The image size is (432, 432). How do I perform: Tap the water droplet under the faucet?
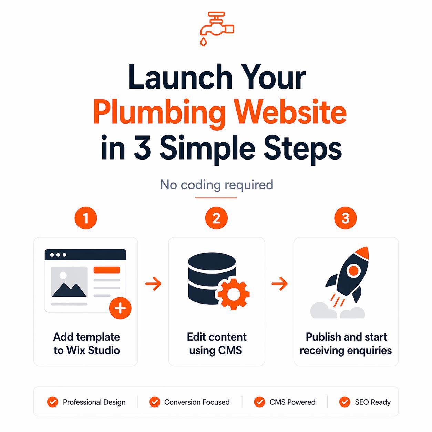(203, 42)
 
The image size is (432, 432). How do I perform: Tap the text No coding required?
(217, 185)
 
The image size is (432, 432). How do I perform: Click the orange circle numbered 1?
(86, 218)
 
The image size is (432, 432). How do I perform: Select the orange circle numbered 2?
(216, 218)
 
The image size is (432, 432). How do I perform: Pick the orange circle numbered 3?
(345, 218)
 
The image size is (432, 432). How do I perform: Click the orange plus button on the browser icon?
(120, 308)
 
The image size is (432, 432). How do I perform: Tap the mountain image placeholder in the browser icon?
(69, 282)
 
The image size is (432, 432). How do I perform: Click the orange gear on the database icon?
(234, 294)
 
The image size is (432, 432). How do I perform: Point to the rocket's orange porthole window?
(354, 270)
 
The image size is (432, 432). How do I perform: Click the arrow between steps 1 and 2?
(153, 284)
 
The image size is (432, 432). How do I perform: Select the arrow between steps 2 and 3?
(279, 284)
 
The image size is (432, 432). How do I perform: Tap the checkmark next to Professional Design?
(52, 402)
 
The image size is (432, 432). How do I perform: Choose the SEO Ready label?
(373, 402)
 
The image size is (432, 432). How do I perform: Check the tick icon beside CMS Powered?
(259, 402)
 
